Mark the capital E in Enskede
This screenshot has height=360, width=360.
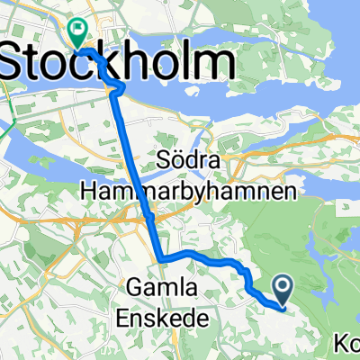click(x=126, y=318)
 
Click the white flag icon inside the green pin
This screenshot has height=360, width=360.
click(x=78, y=30)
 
